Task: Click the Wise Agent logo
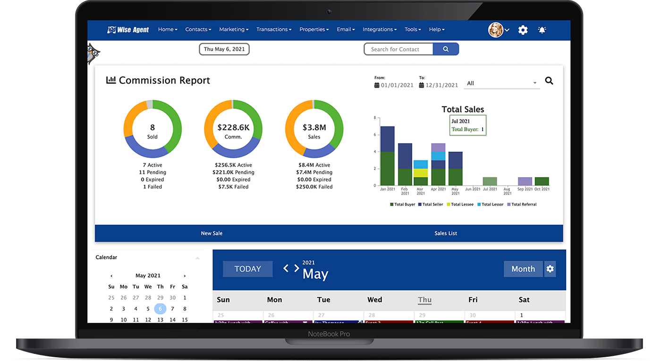point(128,30)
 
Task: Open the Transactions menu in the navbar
point(274,29)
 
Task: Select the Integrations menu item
point(379,29)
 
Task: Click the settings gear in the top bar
point(523,30)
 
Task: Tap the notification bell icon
point(542,30)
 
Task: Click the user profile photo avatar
point(496,30)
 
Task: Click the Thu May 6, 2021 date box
point(224,49)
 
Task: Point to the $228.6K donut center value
point(233,128)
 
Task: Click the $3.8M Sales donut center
point(314,128)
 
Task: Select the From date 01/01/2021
point(397,85)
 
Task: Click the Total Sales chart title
point(463,109)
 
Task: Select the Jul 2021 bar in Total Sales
point(490,181)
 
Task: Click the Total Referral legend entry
point(522,205)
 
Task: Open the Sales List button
point(446,233)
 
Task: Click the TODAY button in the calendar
point(247,269)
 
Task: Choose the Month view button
point(523,269)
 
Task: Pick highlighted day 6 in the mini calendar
point(160,309)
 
